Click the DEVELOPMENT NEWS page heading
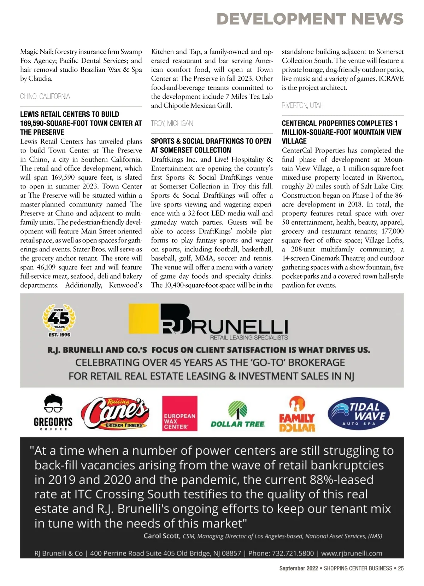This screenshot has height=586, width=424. (x=310, y=19)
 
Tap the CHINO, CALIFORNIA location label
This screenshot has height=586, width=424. (x=45, y=96)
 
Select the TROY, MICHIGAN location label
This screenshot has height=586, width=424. (x=172, y=123)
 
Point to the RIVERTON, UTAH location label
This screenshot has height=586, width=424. (x=302, y=105)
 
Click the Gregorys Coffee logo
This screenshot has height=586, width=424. (x=53, y=413)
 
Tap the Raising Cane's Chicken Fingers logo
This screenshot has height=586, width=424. (x=115, y=413)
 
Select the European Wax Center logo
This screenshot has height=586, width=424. (x=179, y=413)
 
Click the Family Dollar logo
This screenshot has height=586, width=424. (x=297, y=414)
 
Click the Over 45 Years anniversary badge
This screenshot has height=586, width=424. (x=59, y=320)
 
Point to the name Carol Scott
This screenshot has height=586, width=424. (x=161, y=536)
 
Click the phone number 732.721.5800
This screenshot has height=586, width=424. (x=281, y=553)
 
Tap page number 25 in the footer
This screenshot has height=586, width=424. (x=401, y=568)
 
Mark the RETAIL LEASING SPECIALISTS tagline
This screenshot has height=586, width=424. (x=249, y=337)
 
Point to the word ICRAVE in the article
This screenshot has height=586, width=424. (x=391, y=79)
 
